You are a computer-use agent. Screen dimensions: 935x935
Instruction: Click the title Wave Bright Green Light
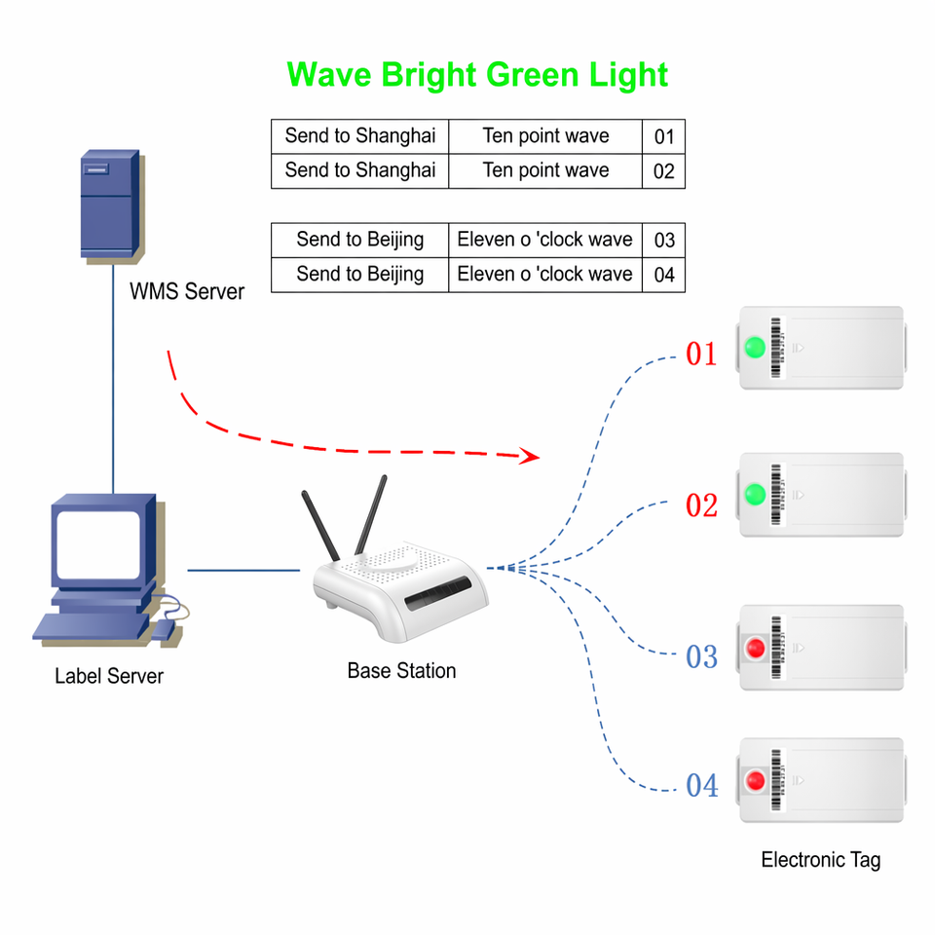(477, 75)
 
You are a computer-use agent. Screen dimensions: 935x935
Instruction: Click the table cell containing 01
(663, 136)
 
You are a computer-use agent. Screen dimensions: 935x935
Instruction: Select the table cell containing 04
(663, 275)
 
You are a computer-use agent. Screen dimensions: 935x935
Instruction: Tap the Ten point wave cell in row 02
(545, 171)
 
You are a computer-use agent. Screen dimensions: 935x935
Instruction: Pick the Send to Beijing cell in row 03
(359, 241)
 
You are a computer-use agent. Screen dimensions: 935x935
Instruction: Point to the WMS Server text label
(187, 291)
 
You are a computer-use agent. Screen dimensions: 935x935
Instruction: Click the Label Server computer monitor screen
(98, 544)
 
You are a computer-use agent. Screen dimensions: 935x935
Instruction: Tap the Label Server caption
(108, 676)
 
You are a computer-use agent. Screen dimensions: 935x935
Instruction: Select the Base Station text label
(401, 671)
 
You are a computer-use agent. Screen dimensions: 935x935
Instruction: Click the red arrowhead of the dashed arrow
(530, 456)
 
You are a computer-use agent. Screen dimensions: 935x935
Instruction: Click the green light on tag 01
(755, 348)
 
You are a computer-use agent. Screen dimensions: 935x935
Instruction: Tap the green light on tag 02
(755, 495)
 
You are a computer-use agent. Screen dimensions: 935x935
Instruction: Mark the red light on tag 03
(756, 648)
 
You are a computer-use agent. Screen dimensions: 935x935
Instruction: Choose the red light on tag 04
(756, 780)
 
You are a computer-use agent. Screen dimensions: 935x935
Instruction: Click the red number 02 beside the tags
(701, 505)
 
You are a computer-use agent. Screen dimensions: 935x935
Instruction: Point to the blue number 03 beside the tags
(701, 657)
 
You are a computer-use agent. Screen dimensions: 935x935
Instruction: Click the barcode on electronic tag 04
(776, 780)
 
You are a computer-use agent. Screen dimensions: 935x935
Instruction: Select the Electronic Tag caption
(820, 860)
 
